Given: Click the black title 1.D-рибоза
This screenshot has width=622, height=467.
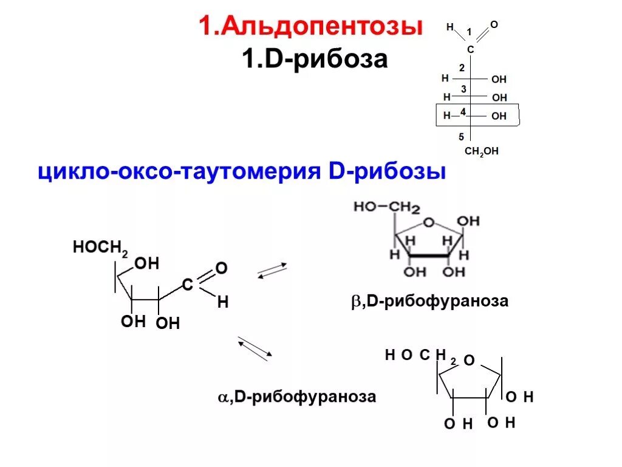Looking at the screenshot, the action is [315, 60].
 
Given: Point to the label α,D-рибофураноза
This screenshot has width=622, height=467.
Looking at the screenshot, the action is [297, 397].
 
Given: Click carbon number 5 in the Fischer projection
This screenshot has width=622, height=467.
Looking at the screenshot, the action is [461, 137].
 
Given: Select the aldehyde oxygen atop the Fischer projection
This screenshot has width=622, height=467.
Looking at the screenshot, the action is [493, 24].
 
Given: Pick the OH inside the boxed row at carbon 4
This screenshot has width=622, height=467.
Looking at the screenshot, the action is [499, 116].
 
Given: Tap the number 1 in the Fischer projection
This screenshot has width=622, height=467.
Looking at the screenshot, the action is [468, 32].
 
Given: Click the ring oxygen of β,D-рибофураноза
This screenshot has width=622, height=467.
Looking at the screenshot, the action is [429, 223].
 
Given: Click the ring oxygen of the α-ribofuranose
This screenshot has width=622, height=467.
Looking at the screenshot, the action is [468, 361].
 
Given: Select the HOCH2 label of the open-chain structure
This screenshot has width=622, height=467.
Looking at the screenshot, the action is [100, 247].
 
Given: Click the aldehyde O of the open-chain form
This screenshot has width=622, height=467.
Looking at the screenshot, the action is [221, 268].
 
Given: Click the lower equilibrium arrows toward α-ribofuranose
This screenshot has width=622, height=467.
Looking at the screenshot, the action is [255, 348].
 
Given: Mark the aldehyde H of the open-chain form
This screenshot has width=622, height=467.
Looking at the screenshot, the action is [222, 302].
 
